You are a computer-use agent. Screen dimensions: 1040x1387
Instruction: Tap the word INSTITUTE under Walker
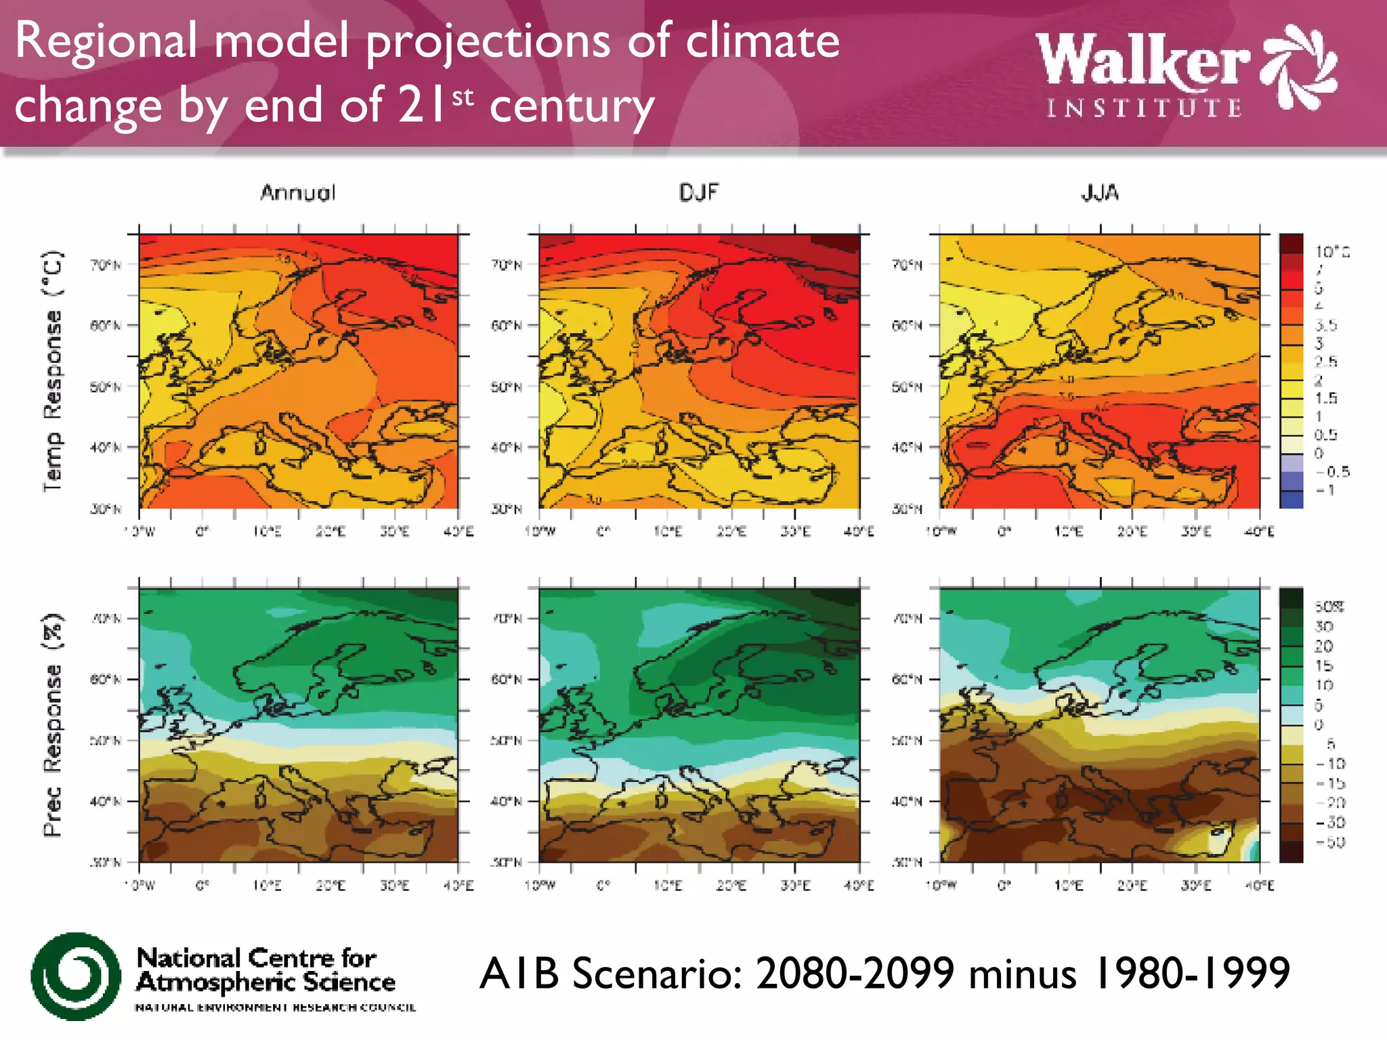pyautogui.click(x=1145, y=108)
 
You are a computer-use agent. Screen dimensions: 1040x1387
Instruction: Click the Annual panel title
pyautogui.click(x=298, y=193)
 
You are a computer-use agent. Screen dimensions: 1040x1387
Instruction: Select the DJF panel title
pyautogui.click(x=698, y=193)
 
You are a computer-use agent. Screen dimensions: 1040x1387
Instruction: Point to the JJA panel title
pyautogui.click(x=1100, y=193)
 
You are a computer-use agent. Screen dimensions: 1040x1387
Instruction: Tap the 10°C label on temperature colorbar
pyautogui.click(x=1332, y=252)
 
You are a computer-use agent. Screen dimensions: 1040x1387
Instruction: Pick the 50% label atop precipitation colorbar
pyautogui.click(x=1329, y=607)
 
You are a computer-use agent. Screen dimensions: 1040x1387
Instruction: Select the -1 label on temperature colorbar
pyautogui.click(x=1325, y=490)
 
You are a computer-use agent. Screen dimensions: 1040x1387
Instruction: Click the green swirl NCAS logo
pyautogui.click(x=76, y=976)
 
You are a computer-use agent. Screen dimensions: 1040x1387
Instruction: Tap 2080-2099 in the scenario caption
pyautogui.click(x=855, y=974)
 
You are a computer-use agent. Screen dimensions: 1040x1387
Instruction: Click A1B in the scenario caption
pyautogui.click(x=519, y=974)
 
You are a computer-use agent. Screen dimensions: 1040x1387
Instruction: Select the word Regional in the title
pyautogui.click(x=106, y=42)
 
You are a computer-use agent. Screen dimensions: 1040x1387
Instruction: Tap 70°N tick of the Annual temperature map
pyautogui.click(x=106, y=265)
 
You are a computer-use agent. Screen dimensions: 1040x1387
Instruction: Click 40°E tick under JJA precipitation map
pyautogui.click(x=1259, y=886)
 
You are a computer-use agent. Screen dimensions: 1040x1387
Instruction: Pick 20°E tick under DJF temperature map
pyautogui.click(x=731, y=532)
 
